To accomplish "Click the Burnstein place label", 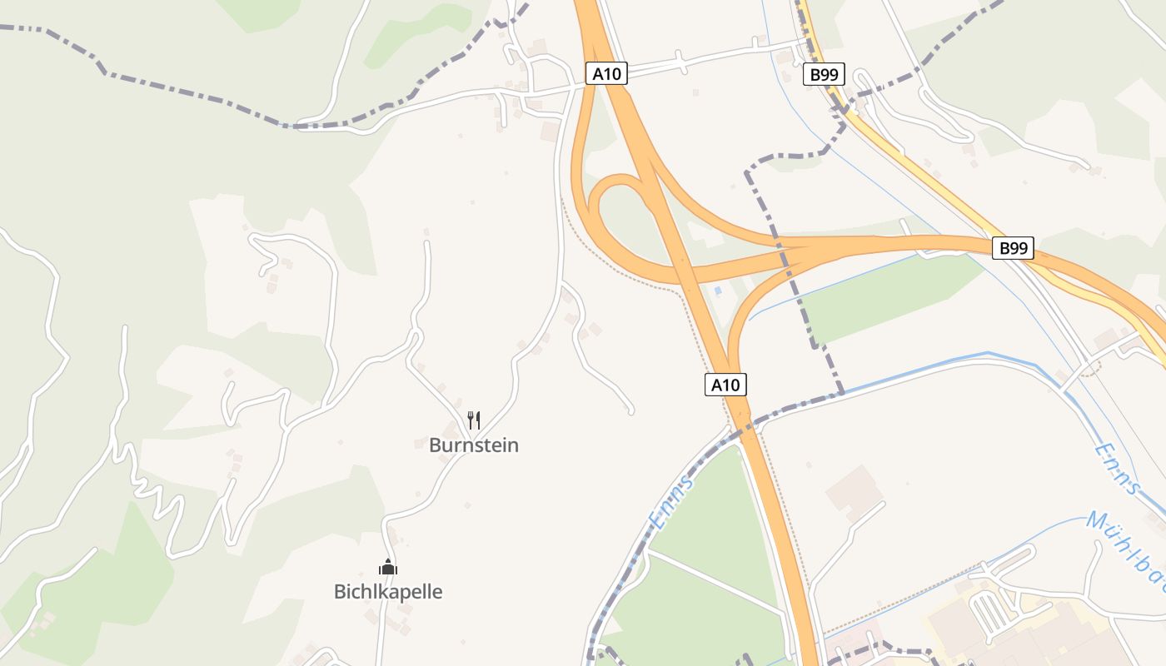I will coord(473,445).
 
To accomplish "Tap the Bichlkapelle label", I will coord(387,592).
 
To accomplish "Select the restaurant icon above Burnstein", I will coord(473,419).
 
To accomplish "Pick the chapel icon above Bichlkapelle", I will coord(388,567).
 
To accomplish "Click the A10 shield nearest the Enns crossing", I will coord(725,385).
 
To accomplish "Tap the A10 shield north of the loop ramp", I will coord(605,73).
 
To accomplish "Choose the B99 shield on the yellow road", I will coord(824,75).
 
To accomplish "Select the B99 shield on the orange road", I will coord(1013,247).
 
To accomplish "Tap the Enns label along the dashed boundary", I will coord(670,502).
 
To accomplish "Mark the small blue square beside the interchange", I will coord(718,291).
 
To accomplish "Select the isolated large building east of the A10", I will coord(853,490).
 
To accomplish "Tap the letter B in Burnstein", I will coord(435,445).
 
